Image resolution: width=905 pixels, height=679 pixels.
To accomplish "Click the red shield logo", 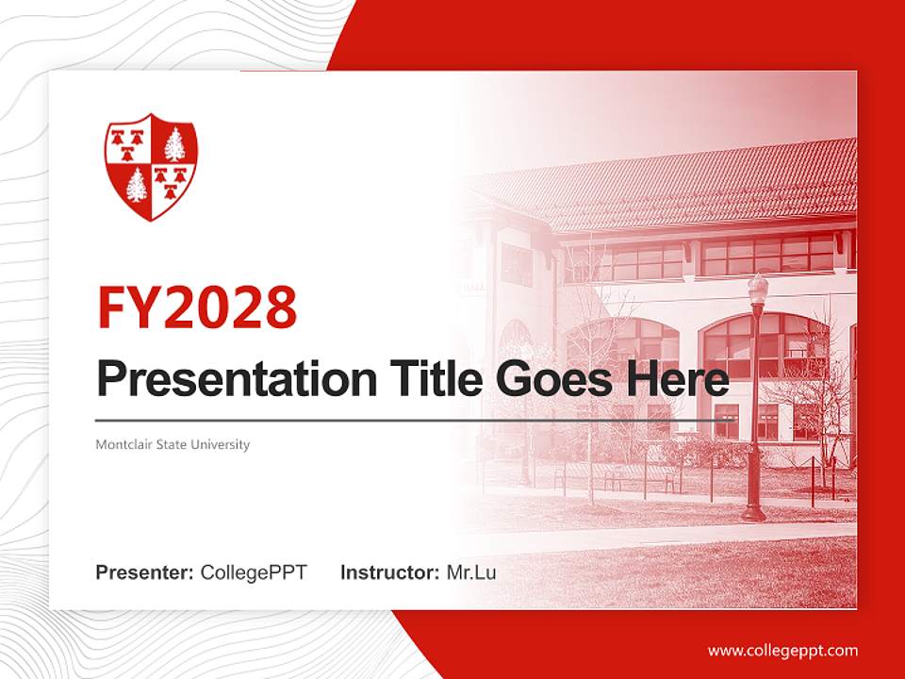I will click(x=150, y=167).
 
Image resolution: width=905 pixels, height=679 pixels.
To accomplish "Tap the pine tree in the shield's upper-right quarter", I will click(x=173, y=144).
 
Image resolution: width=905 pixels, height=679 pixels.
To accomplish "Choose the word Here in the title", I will click(x=678, y=379).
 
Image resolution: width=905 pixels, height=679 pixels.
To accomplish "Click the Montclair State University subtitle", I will click(x=173, y=444).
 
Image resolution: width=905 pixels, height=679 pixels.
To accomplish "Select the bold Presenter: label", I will click(x=145, y=572).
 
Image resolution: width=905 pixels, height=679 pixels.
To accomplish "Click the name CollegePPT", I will click(x=254, y=572).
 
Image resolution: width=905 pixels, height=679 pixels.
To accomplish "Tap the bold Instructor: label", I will click(x=389, y=572).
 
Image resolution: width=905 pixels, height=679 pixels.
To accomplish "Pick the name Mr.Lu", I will click(x=471, y=572).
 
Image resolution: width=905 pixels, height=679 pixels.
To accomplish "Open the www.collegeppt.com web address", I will click(x=782, y=650).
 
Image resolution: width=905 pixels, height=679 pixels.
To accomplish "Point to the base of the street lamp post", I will click(x=753, y=512).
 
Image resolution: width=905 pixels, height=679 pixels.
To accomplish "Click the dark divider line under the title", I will click(x=415, y=420).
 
